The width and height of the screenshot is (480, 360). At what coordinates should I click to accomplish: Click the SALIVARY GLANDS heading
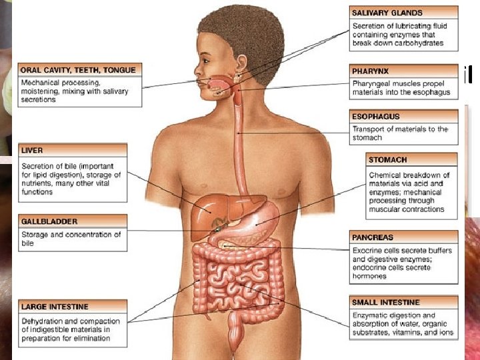(x=387, y=12)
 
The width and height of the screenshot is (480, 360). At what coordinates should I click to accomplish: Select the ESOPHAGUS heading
(x=376, y=117)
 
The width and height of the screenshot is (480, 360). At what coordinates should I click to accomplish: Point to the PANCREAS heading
(x=373, y=237)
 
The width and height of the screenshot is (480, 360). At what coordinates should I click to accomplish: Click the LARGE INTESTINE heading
(x=55, y=307)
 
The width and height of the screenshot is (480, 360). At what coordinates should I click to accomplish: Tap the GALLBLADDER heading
(x=49, y=221)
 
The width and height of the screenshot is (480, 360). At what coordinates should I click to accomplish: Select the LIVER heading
(x=32, y=151)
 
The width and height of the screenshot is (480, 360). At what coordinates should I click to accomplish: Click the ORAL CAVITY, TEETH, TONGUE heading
(x=78, y=69)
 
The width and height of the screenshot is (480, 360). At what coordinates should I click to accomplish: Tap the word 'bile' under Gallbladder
(x=27, y=243)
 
